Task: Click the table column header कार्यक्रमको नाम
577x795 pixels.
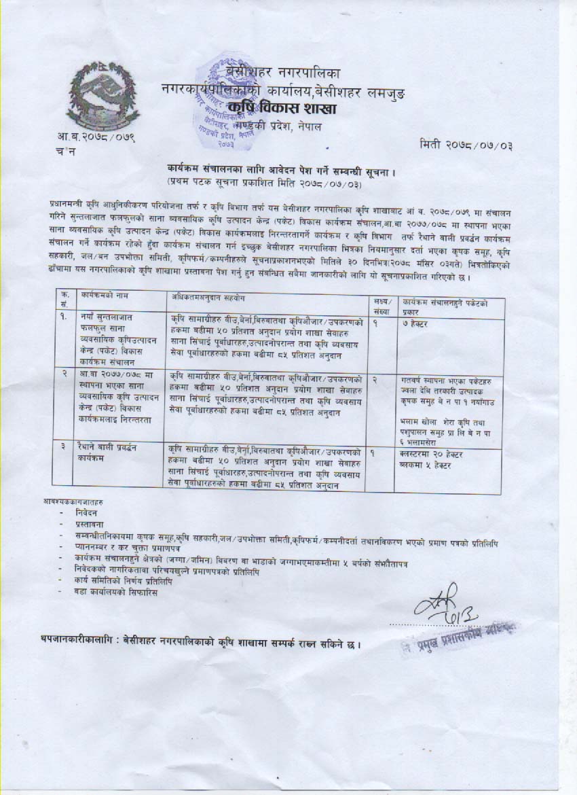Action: pos(100,297)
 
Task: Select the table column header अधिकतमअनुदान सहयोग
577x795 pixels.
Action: pos(207,297)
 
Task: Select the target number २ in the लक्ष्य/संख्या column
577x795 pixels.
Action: pos(375,376)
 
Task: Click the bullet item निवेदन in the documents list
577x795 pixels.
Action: pos(86,516)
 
